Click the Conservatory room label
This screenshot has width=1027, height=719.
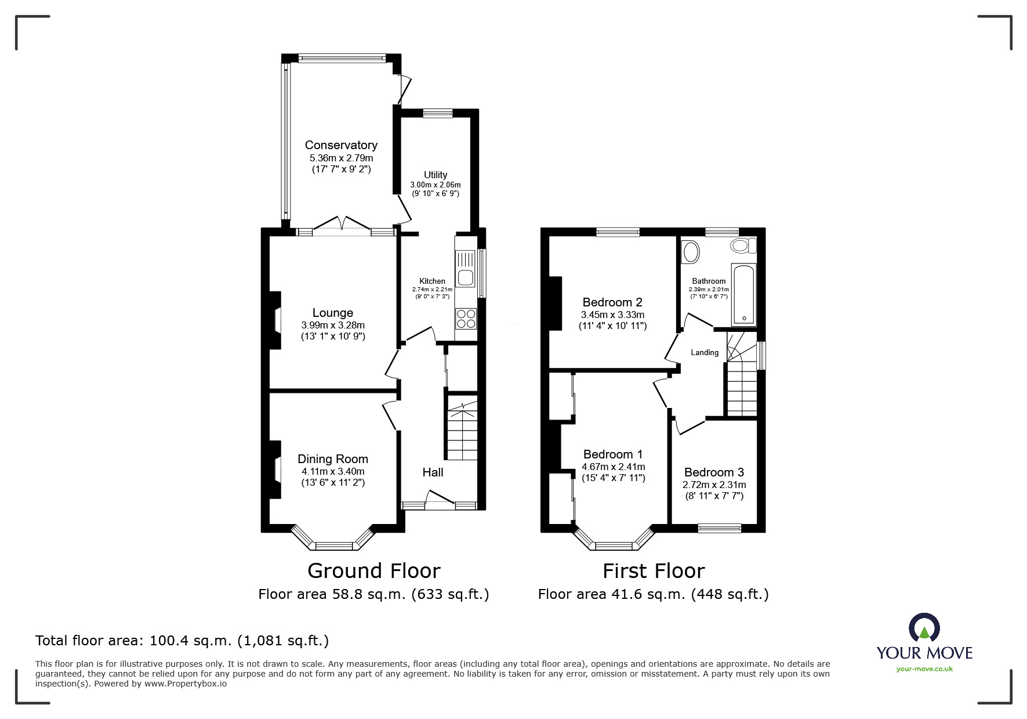(x=341, y=145)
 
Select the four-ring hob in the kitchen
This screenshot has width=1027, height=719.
(x=465, y=319)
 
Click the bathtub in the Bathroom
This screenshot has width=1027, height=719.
(x=743, y=294)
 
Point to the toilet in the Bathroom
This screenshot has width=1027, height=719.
(x=743, y=245)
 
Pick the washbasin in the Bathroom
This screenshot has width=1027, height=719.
(x=690, y=252)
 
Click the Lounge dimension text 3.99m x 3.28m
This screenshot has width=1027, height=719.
(x=333, y=325)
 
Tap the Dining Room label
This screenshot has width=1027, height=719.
(x=333, y=459)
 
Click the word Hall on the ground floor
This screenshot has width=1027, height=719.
(x=433, y=472)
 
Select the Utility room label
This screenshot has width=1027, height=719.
(x=436, y=175)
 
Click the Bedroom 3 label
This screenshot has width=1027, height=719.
(x=714, y=472)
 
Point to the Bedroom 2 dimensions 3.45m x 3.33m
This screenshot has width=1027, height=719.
(x=612, y=315)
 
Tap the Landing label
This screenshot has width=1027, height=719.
(x=705, y=352)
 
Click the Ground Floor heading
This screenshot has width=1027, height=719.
(x=373, y=571)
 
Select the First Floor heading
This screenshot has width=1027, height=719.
(x=653, y=571)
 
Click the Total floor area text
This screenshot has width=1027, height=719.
(x=182, y=641)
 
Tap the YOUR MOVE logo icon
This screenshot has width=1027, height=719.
(x=924, y=629)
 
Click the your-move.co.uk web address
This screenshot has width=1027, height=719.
(x=924, y=669)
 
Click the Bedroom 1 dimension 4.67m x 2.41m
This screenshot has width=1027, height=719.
(x=613, y=467)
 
